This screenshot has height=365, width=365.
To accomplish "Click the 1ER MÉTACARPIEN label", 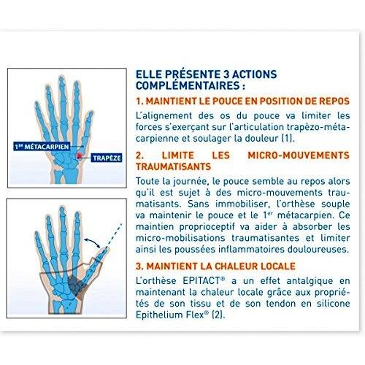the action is [x=42, y=147].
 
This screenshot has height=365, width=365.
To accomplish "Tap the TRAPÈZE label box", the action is [x=107, y=158].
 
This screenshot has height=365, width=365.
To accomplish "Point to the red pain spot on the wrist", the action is [x=79, y=156].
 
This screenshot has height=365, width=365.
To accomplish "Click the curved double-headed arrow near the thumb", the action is [x=93, y=242].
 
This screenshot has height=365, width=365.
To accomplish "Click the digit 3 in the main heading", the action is [x=226, y=74].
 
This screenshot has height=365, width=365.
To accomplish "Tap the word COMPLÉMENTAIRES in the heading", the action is [x=188, y=85].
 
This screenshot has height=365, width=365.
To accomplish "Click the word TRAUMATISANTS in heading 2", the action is [x=173, y=166].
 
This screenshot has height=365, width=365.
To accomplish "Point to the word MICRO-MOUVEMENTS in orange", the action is [x=299, y=155].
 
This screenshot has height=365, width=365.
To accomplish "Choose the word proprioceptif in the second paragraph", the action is [x=207, y=227].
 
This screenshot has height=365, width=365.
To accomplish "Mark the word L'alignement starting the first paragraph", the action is [x=164, y=116].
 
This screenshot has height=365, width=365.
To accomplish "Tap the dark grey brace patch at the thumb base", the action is [x=76, y=285].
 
